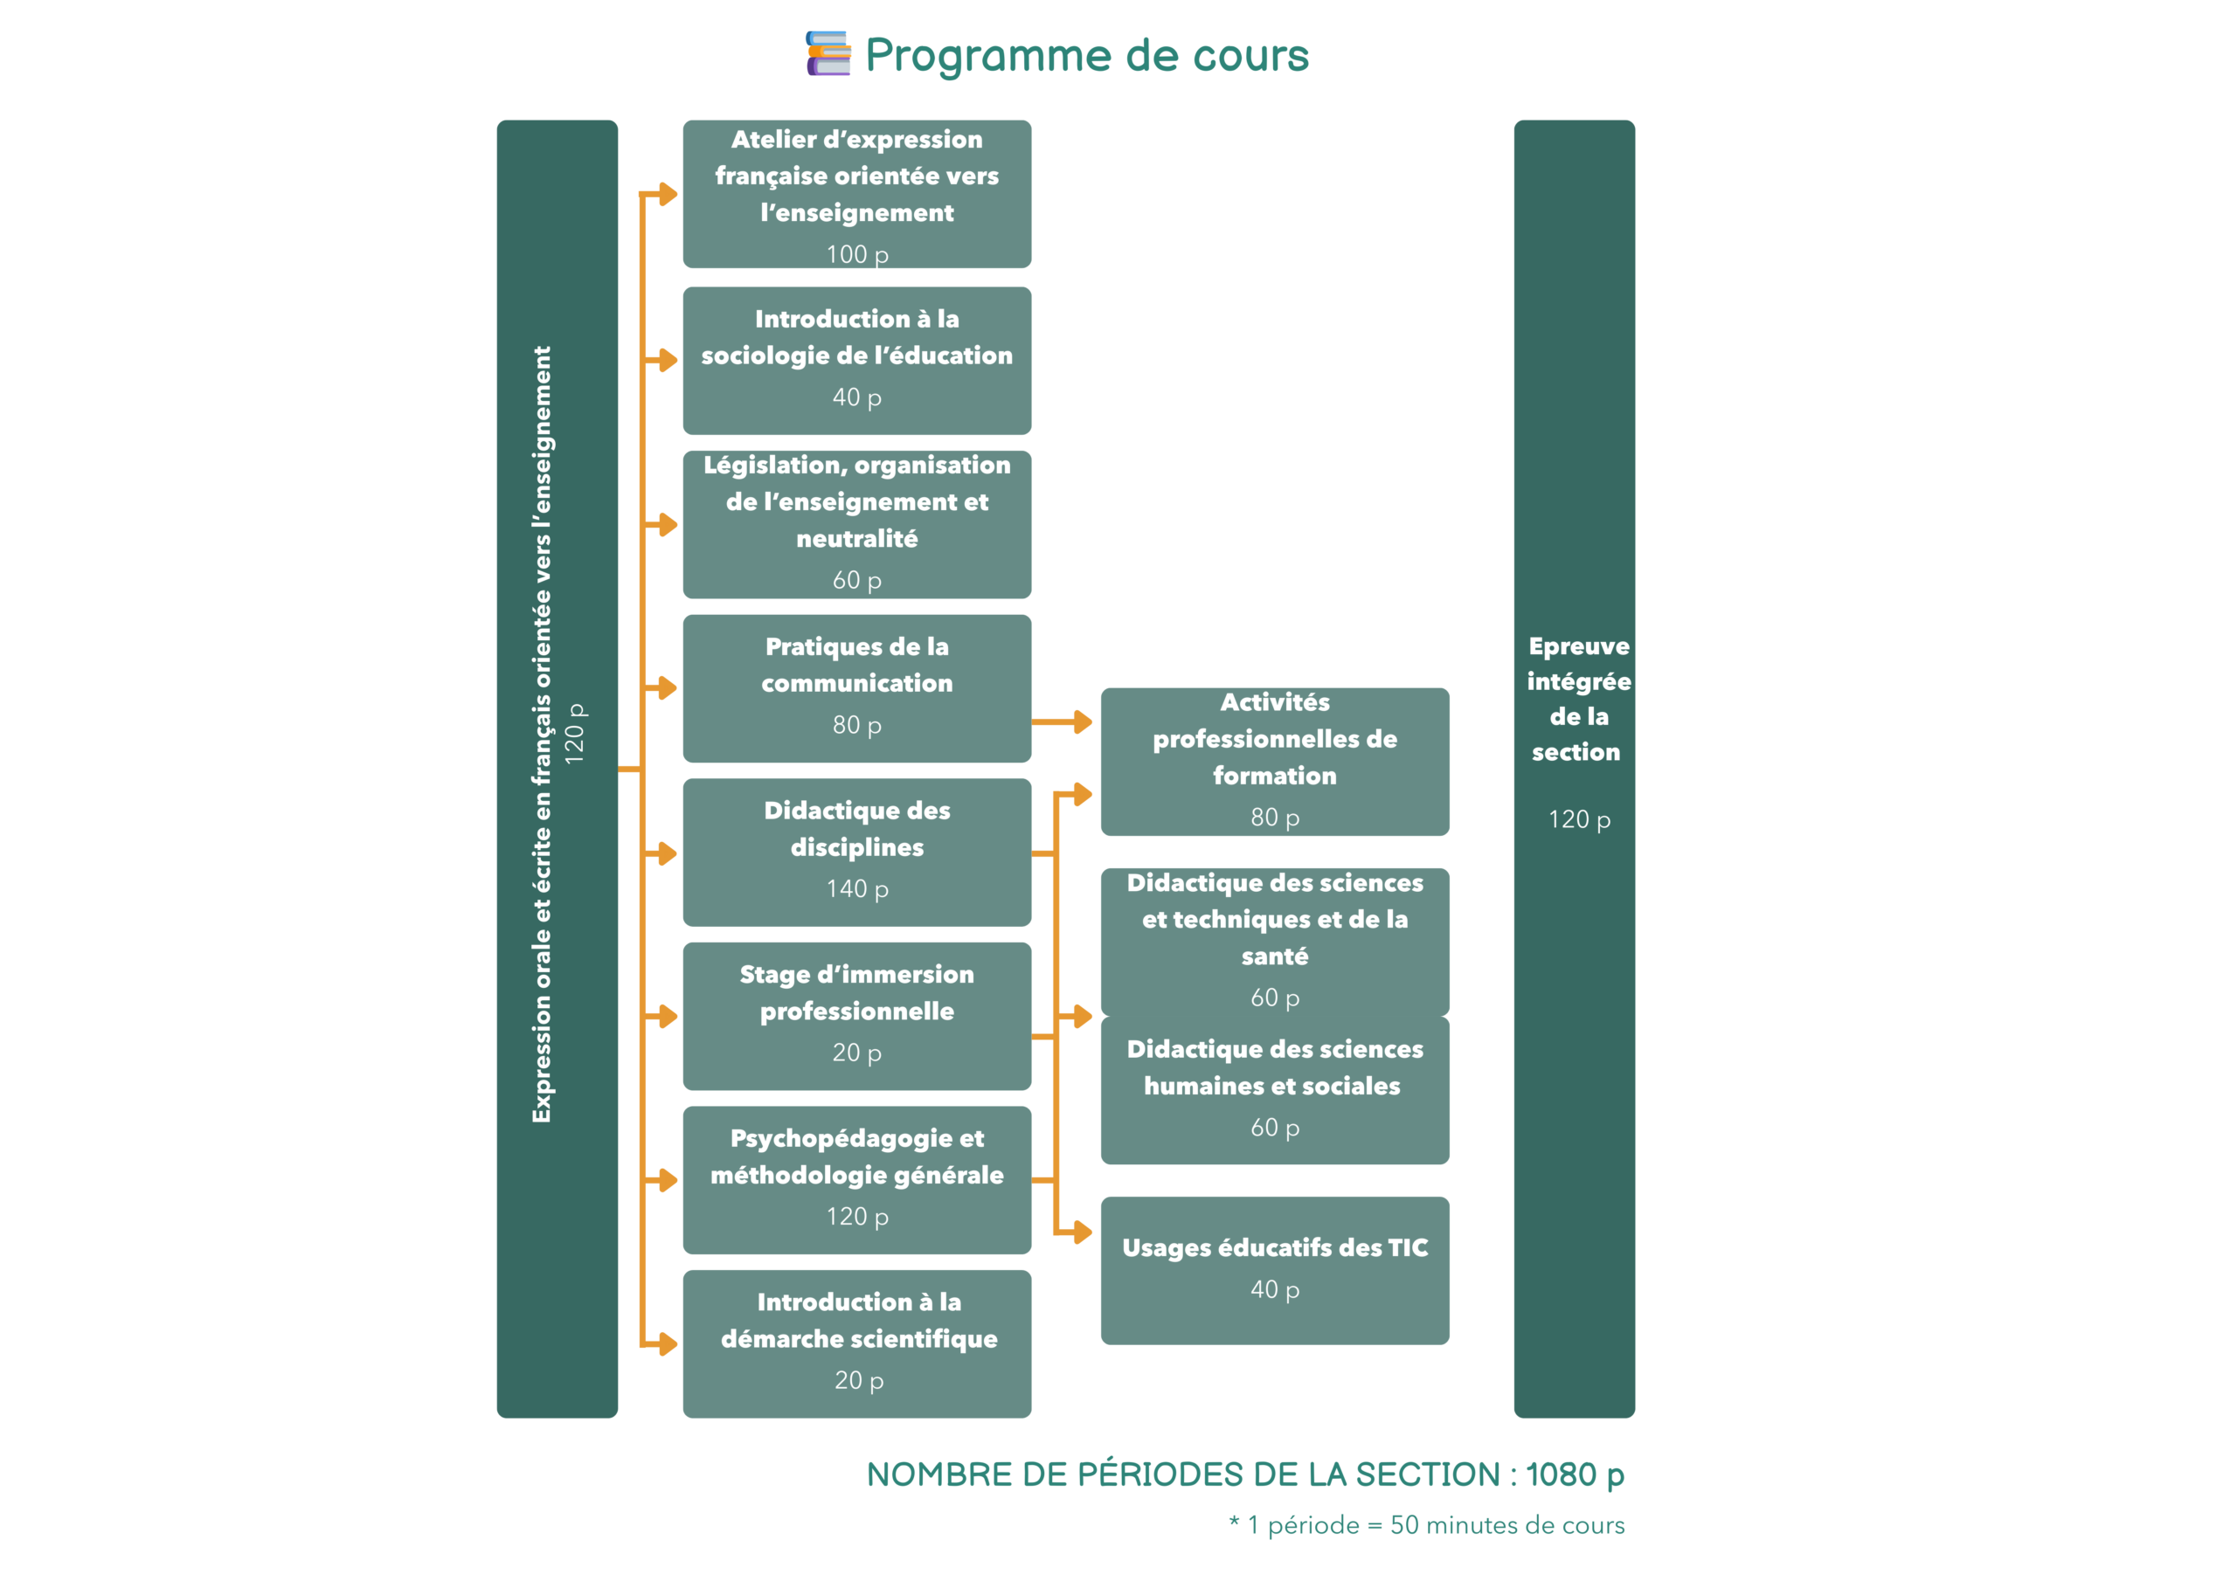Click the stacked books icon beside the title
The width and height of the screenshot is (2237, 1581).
coord(828,53)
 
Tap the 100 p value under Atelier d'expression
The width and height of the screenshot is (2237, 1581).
coord(856,254)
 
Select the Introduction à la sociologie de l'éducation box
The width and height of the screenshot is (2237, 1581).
coord(856,360)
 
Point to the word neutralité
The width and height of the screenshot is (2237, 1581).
coord(856,539)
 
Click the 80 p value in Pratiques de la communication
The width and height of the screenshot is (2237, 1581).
coord(856,725)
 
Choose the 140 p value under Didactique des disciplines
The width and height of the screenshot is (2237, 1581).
coord(856,888)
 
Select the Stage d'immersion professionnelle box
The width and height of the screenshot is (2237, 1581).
coord(856,1015)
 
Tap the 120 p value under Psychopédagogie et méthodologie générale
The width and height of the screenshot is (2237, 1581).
coord(856,1217)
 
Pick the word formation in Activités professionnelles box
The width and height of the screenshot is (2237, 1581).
coord(1274,776)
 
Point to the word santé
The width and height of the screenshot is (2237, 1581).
coord(1274,956)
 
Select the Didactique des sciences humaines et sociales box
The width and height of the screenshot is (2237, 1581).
coord(1274,1089)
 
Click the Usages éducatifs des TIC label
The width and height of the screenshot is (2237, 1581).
coord(1274,1248)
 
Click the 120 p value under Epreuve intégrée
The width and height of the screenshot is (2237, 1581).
coord(1578,819)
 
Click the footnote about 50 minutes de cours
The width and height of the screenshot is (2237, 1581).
coord(1426,1525)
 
